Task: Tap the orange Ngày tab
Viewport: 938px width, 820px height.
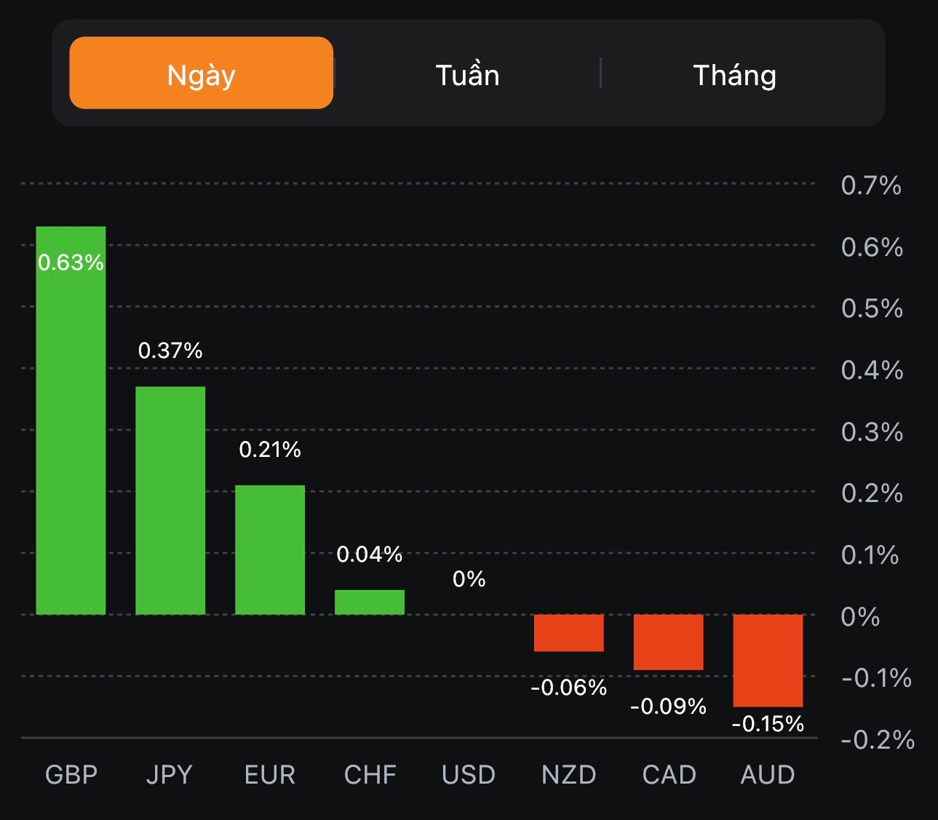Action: tap(201, 73)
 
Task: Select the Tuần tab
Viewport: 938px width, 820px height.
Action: tap(467, 75)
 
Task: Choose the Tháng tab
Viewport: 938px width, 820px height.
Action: tap(734, 75)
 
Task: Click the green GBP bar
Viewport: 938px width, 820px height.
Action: tap(71, 437)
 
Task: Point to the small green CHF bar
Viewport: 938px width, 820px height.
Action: tap(370, 602)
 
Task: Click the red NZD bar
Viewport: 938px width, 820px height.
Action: tap(568, 633)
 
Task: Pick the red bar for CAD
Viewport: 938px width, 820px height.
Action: tap(668, 642)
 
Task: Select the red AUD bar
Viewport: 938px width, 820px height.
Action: tap(768, 660)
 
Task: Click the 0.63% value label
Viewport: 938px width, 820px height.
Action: tap(71, 263)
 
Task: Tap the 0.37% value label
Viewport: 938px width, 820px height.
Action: tap(170, 351)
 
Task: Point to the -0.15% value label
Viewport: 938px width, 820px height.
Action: tap(768, 724)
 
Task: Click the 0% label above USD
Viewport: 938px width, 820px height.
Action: tap(469, 579)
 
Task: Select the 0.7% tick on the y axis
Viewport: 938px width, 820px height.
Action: tap(871, 186)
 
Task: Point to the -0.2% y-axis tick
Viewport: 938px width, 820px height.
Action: tap(877, 740)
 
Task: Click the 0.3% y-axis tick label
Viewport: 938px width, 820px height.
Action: tap(872, 432)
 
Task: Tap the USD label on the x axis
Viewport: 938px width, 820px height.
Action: tap(469, 775)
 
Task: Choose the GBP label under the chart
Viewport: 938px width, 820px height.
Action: tap(71, 775)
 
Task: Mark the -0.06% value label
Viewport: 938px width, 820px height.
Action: tap(568, 688)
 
